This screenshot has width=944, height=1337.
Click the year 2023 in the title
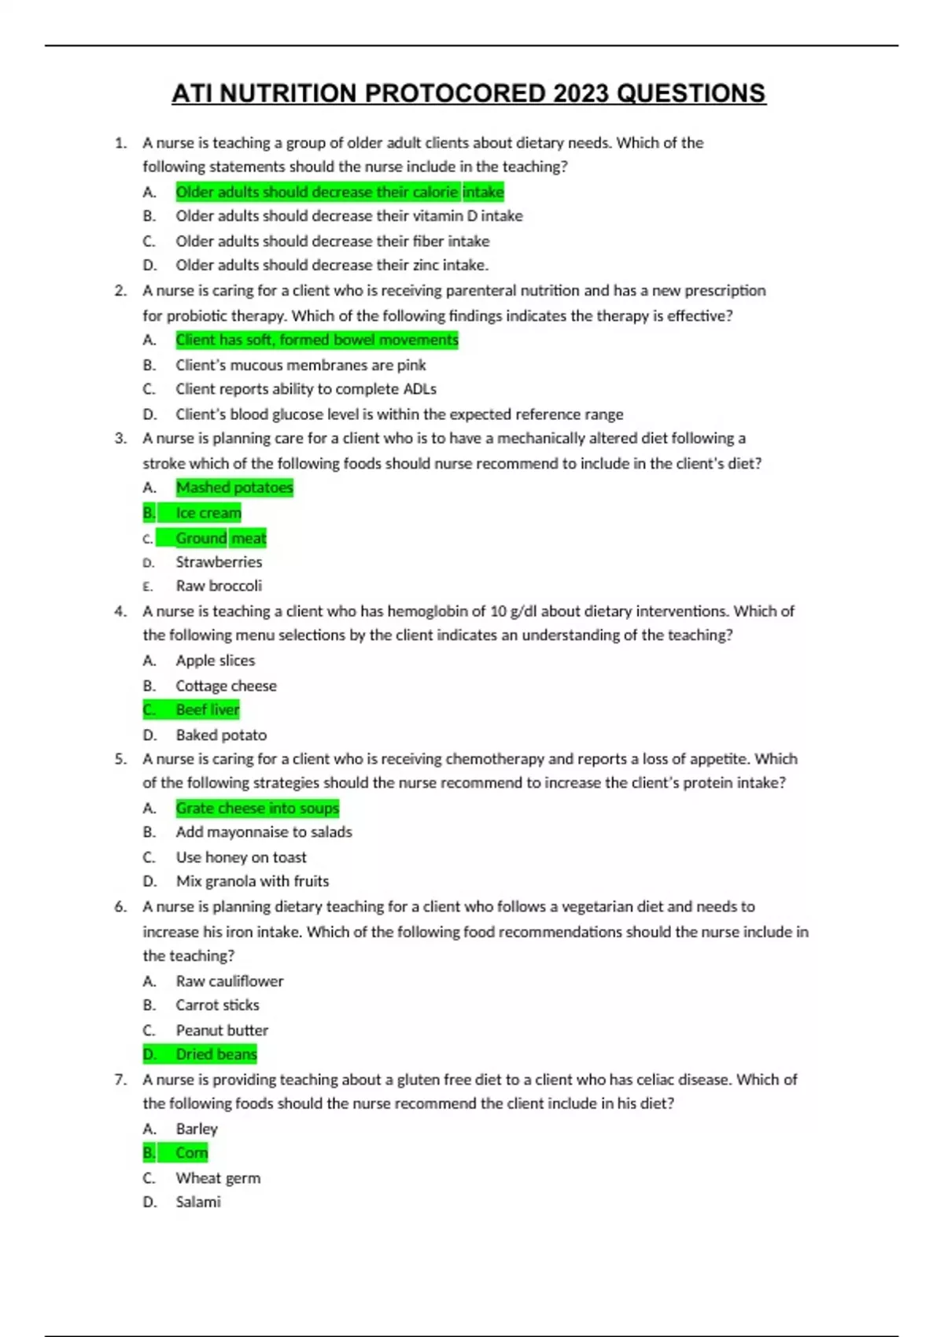581,94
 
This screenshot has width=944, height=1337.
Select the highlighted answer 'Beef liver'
207,709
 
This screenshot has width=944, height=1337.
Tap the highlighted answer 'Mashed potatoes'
234,488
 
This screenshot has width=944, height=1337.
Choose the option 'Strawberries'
219,562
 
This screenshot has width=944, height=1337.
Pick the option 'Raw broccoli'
219,586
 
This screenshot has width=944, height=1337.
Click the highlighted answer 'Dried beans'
216,1054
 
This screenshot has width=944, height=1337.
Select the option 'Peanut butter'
222,1030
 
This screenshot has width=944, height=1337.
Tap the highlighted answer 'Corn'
192,1153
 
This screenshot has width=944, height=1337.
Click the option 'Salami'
198,1202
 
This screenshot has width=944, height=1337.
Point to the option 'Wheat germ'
218,1178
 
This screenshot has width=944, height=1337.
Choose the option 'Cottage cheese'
226,686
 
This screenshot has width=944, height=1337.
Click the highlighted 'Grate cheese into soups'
257,808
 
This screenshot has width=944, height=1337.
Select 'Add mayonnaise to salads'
264,832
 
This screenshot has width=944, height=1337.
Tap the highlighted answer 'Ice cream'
208,513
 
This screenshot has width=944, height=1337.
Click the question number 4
120,611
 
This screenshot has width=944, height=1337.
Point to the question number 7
120,1080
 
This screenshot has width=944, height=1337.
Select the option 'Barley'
197,1129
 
